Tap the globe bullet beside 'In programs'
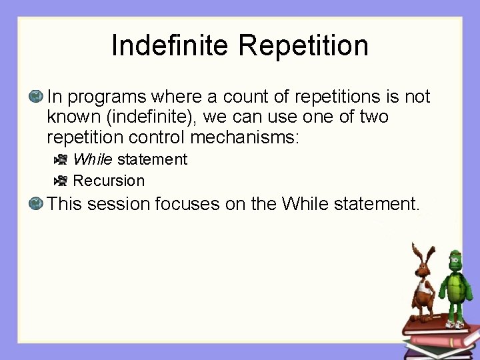[x=36, y=97]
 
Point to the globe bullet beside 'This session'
[x=36, y=203]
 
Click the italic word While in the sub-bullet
[x=93, y=160]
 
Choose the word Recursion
[x=109, y=181]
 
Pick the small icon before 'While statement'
[x=61, y=160]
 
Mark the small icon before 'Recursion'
[x=61, y=181]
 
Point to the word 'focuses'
[x=187, y=203]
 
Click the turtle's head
[x=455, y=257]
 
